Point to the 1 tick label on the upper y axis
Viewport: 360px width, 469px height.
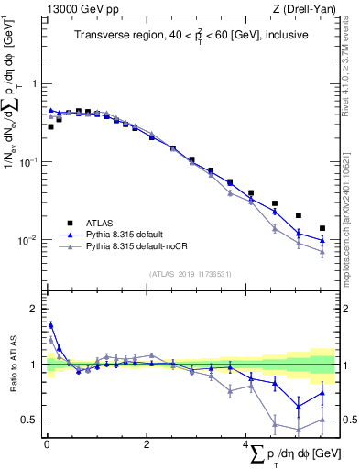pyautogui.click(x=35, y=84)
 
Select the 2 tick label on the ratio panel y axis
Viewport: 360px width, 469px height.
pyautogui.click(x=35, y=309)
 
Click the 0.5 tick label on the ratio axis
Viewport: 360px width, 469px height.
pyautogui.click(x=30, y=420)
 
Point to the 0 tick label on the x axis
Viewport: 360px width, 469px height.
pyautogui.click(x=46, y=444)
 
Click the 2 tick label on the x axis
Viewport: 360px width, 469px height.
pyautogui.click(x=146, y=444)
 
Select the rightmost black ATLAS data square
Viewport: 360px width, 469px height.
pyautogui.click(x=322, y=228)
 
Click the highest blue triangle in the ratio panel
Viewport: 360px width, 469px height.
pyautogui.click(x=50, y=324)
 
